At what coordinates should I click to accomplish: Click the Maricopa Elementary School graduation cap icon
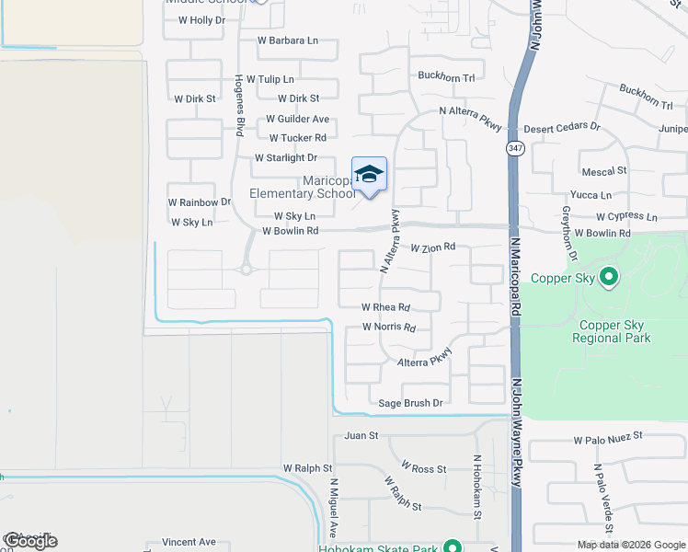[369, 174]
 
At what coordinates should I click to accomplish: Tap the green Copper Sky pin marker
[608, 275]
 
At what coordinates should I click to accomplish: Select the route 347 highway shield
[514, 148]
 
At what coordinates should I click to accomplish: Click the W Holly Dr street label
[201, 20]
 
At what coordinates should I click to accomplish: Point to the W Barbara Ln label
[287, 40]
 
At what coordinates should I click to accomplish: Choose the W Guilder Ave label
[297, 120]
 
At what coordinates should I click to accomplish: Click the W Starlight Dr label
[285, 158]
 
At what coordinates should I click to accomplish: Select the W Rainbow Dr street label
[199, 202]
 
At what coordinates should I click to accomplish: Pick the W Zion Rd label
[433, 247]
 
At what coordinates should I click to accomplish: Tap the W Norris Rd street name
[389, 328]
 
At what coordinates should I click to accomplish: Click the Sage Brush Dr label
[411, 403]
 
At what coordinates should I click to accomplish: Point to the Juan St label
[361, 435]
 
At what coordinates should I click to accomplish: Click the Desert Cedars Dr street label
[562, 127]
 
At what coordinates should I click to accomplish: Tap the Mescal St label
[604, 171]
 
